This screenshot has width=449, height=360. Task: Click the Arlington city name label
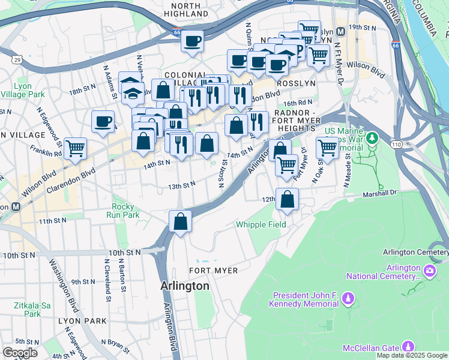coord(185,286)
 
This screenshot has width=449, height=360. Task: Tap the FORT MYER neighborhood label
coord(214,271)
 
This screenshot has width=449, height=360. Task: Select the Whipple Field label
coord(261,224)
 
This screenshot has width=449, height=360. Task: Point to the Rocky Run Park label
coord(122,210)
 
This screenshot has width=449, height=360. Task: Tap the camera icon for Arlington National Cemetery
coord(430,271)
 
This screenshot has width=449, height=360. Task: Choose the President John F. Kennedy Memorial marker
coord(351,299)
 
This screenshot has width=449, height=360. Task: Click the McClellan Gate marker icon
coord(408,346)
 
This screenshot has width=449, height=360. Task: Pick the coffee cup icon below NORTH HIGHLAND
coord(192,41)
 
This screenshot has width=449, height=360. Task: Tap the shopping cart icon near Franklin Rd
coord(75,148)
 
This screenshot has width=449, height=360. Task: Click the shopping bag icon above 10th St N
coord(180,221)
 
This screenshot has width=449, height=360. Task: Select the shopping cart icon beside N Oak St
coord(327,147)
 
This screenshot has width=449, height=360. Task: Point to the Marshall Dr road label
coord(380,194)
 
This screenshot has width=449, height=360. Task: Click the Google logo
coord(20,353)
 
